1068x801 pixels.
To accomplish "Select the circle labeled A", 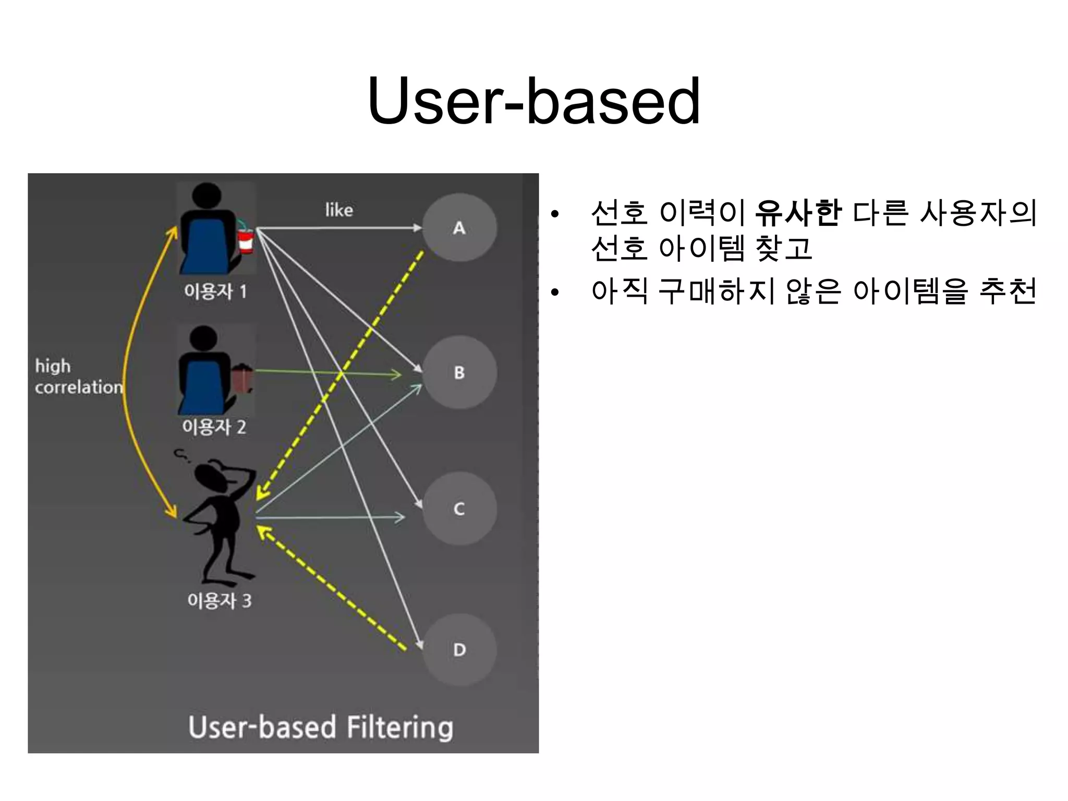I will [x=459, y=228].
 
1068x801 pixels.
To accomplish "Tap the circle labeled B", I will [x=459, y=372].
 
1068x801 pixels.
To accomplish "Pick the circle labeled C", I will [x=459, y=508].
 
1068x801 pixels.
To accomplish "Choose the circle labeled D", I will [x=459, y=650].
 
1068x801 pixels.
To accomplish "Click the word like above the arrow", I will [x=339, y=210].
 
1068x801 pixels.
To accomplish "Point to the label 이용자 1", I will [x=215, y=292].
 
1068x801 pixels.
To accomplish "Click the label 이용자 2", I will [x=214, y=427].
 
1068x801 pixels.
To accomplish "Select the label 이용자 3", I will [x=219, y=600].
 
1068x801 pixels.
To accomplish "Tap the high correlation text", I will [x=78, y=377].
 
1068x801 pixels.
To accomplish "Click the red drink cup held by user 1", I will [x=246, y=241].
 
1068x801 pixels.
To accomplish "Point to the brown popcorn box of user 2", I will [x=242, y=380].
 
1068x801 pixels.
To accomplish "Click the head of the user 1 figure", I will [x=207, y=197].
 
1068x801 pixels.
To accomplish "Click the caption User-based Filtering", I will [x=320, y=727].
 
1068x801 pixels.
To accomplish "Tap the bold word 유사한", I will [x=797, y=213].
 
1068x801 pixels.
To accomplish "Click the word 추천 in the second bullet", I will [x=1008, y=291].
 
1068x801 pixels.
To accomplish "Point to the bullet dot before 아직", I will [x=554, y=293].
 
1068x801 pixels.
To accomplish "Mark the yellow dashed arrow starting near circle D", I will [x=334, y=589].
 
